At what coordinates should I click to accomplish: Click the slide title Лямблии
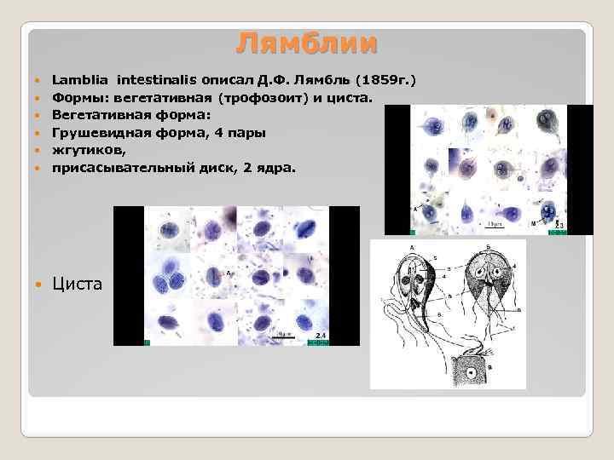[x=307, y=43]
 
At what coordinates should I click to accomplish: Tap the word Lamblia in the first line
[x=81, y=80]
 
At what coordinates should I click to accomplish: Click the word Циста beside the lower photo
[x=78, y=283]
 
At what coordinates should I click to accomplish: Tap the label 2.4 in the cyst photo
[x=321, y=336]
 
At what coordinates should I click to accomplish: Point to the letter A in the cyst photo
[x=229, y=273]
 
